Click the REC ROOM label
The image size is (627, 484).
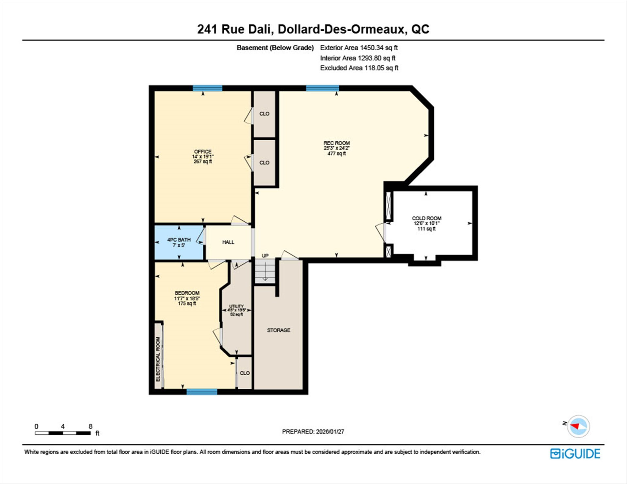tap(337, 143)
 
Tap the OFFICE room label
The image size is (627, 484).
tap(203, 151)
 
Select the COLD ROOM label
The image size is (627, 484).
tap(426, 218)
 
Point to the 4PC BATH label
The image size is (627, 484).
tap(179, 240)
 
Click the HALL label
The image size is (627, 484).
tap(228, 242)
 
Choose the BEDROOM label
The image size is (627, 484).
tap(187, 293)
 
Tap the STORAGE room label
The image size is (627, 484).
tap(279, 330)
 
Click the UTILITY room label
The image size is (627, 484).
tap(236, 306)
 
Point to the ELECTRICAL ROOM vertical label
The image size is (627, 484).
tap(158, 359)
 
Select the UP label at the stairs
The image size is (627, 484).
tap(265, 256)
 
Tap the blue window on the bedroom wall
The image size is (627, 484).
tap(202, 392)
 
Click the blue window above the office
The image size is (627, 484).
tap(207, 88)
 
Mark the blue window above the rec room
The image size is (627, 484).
tap(322, 88)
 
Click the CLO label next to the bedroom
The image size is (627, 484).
tap(245, 373)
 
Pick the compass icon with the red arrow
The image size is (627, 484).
tap(578, 426)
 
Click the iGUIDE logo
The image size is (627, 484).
tap(575, 454)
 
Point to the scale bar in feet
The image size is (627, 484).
tap(63, 433)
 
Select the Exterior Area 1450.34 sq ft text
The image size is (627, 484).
tap(359, 48)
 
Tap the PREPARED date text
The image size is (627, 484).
tap(313, 431)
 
